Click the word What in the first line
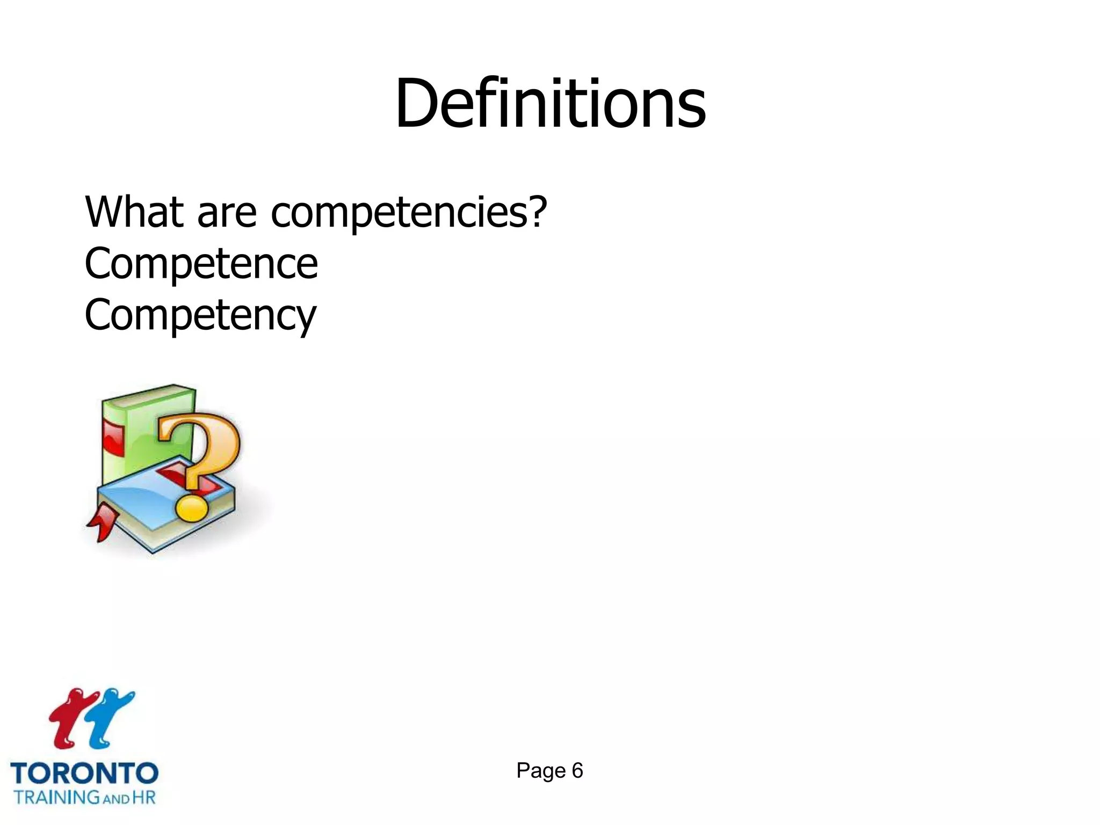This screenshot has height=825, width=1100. click(134, 212)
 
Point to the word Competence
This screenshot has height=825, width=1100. click(201, 264)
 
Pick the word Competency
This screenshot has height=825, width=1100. click(200, 316)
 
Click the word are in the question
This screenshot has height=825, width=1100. click(227, 213)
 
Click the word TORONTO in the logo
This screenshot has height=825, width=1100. click(84, 774)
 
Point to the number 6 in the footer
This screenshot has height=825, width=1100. click(577, 771)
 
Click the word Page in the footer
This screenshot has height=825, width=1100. click(541, 771)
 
